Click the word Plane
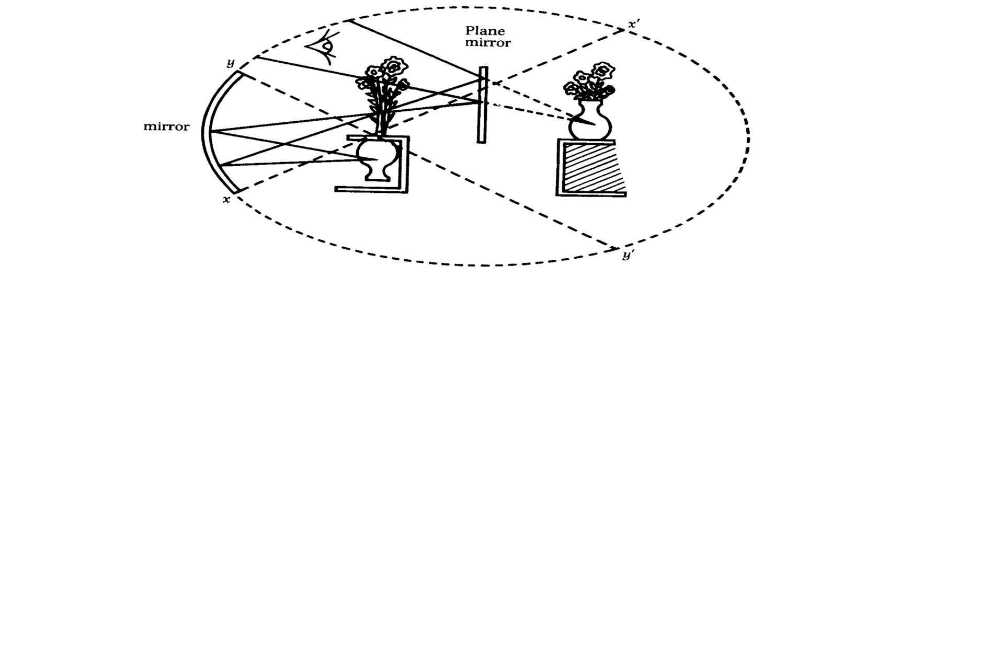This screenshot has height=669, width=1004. point(485,31)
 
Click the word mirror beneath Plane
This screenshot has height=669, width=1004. point(487,43)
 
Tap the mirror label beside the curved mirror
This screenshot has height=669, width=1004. point(166,127)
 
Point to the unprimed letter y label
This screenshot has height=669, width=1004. point(230,63)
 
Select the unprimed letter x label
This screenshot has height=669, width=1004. point(226,200)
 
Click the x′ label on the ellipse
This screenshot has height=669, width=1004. point(634,24)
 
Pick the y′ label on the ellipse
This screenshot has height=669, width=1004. point(627,256)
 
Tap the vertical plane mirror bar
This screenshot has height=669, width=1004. point(482,105)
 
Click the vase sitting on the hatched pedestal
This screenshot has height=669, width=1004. point(590,121)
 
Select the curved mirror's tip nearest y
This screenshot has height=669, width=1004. point(238,73)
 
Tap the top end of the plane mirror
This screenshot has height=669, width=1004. point(485,68)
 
